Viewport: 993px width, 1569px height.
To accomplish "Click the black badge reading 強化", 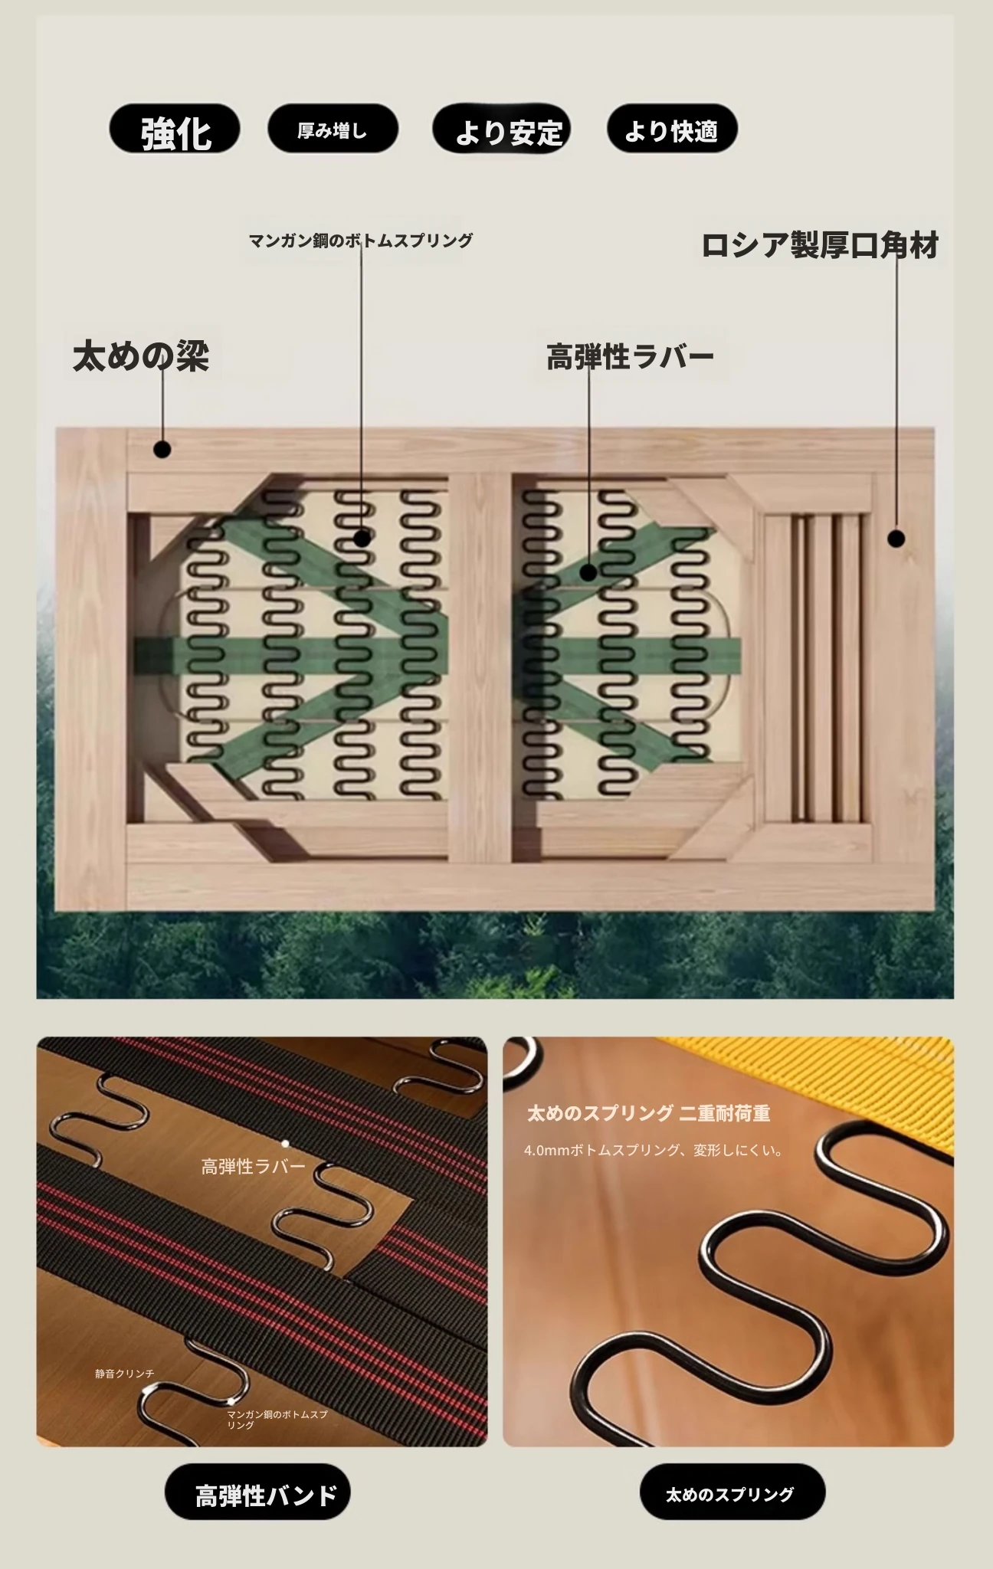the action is pyautogui.click(x=175, y=129).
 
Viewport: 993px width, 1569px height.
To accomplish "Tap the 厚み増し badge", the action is pyautogui.click(x=333, y=129).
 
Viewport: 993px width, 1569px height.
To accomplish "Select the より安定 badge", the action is pyautogui.click(x=502, y=129).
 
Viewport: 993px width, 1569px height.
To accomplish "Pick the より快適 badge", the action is pyautogui.click(x=672, y=129).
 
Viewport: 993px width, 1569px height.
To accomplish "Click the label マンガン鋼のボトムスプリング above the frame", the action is pyautogui.click(x=361, y=241).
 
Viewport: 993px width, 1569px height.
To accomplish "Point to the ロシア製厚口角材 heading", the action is pyautogui.click(x=820, y=245).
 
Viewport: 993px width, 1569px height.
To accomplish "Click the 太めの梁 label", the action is pyautogui.click(x=141, y=356).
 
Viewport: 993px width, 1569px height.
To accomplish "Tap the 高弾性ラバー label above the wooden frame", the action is pyautogui.click(x=630, y=356).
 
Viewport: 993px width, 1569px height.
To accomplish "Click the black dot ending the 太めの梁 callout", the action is pyautogui.click(x=162, y=450).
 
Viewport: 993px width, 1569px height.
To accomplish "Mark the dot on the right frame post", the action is pyautogui.click(x=896, y=539).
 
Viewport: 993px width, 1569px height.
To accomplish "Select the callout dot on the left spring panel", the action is pyautogui.click(x=362, y=539).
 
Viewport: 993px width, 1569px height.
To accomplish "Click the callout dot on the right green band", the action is pyautogui.click(x=588, y=572).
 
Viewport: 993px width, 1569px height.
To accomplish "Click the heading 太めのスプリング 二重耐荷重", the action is pyautogui.click(x=648, y=1113).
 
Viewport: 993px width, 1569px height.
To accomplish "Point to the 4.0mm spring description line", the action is pyautogui.click(x=654, y=1150).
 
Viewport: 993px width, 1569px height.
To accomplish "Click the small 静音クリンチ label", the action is pyautogui.click(x=125, y=1374).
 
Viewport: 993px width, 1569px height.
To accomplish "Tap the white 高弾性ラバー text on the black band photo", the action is pyautogui.click(x=253, y=1166).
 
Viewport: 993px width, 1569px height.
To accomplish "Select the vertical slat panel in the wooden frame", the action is pyautogui.click(x=817, y=667).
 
